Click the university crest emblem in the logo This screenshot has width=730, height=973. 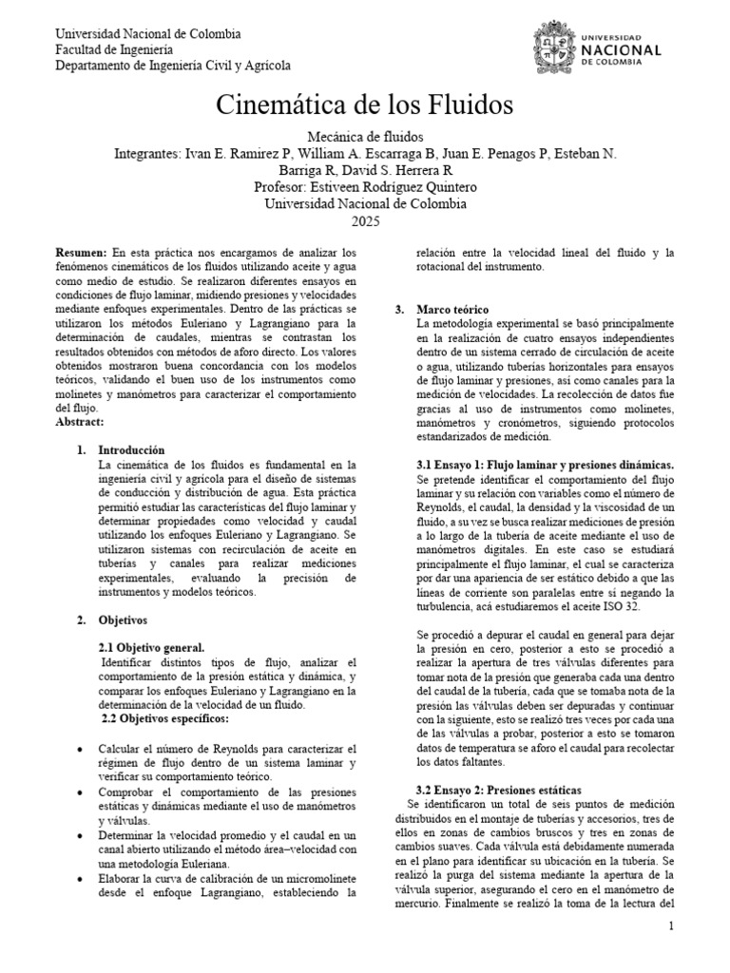tap(553, 48)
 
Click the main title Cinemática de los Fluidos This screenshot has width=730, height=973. tap(365, 103)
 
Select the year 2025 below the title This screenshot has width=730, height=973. tap(365, 220)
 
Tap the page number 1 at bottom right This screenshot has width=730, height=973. tap(671, 926)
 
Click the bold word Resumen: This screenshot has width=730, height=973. tap(83, 254)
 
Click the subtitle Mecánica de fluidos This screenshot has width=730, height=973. tap(365, 137)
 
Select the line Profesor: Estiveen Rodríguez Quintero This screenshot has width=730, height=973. tap(365, 186)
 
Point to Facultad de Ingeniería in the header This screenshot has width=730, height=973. tap(114, 49)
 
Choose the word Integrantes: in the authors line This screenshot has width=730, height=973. tap(146, 154)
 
